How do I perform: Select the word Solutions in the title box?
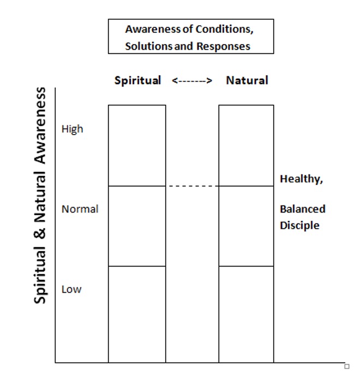pos(149,46)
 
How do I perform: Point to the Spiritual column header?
pos(137,81)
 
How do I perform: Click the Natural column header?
pos(247,80)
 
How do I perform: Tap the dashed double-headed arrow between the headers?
pos(192,81)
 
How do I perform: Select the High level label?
pos(72,129)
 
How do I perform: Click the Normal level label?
pos(80,209)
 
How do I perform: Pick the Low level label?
pos(71,289)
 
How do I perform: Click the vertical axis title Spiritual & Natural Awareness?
pos(40,196)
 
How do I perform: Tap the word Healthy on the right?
pos(302,179)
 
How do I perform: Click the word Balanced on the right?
pos(303,209)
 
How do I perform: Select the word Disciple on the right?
pos(299,226)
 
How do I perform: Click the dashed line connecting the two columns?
pos(194,186)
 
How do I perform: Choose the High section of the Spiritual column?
pos(137,145)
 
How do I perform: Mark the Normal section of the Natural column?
pos(246,226)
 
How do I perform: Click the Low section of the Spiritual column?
pos(137,314)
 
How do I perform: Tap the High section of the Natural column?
pos(246,145)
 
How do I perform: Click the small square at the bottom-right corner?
pos(347,366)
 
